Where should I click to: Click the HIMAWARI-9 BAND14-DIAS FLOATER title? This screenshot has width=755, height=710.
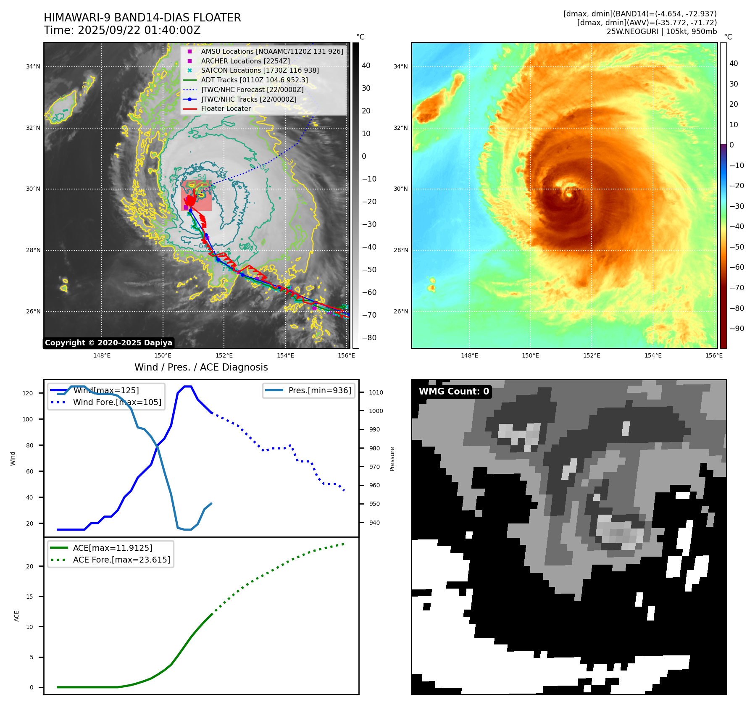(142, 18)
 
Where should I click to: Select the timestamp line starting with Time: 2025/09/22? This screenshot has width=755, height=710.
(122, 30)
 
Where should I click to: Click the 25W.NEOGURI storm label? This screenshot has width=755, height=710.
(661, 32)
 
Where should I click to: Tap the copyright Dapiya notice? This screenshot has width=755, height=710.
(108, 343)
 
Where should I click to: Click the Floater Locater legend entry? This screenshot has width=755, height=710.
(226, 109)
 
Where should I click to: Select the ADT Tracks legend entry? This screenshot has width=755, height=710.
(254, 80)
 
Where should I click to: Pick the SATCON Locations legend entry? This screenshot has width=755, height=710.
(260, 71)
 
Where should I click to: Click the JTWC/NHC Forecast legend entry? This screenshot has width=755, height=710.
(252, 89)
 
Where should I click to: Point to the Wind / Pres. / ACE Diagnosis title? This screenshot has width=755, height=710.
(201, 367)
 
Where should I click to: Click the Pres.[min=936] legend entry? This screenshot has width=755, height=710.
(319, 390)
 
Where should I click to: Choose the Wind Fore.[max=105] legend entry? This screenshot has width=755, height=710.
(117, 402)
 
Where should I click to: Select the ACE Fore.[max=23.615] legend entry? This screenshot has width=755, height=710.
(121, 560)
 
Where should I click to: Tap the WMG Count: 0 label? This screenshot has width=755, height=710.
(454, 392)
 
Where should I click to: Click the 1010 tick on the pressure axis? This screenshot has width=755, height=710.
(376, 392)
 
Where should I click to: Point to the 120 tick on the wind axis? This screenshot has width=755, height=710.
(28, 393)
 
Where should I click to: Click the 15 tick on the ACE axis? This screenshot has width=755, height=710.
(29, 597)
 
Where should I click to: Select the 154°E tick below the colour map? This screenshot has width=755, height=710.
(653, 355)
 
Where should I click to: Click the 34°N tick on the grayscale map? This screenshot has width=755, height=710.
(33, 66)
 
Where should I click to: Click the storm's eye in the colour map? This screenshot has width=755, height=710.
(569, 194)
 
